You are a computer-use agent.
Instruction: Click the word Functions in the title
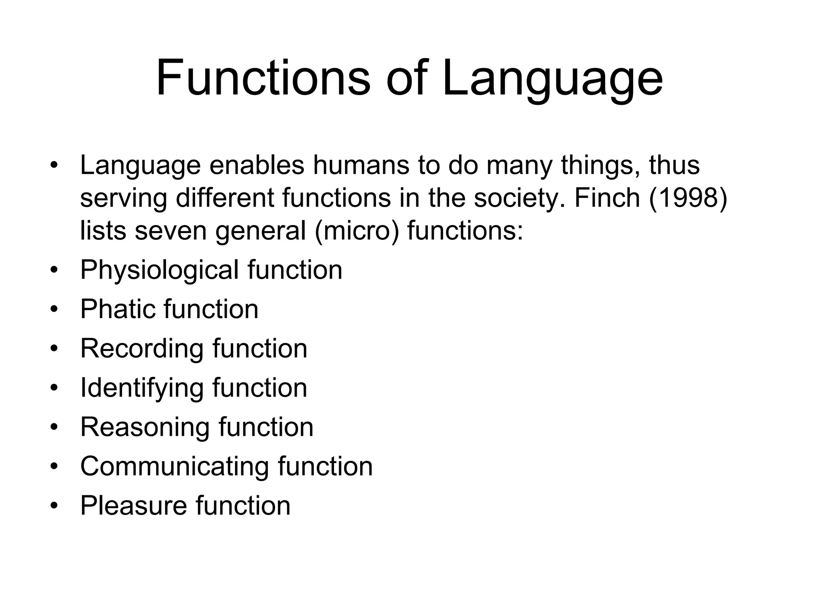pos(263,78)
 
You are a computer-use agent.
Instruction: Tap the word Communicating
pos(174,467)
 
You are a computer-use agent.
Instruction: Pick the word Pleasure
pos(133,506)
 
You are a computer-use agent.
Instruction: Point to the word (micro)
pos(357,231)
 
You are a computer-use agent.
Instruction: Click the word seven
pos(171,231)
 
